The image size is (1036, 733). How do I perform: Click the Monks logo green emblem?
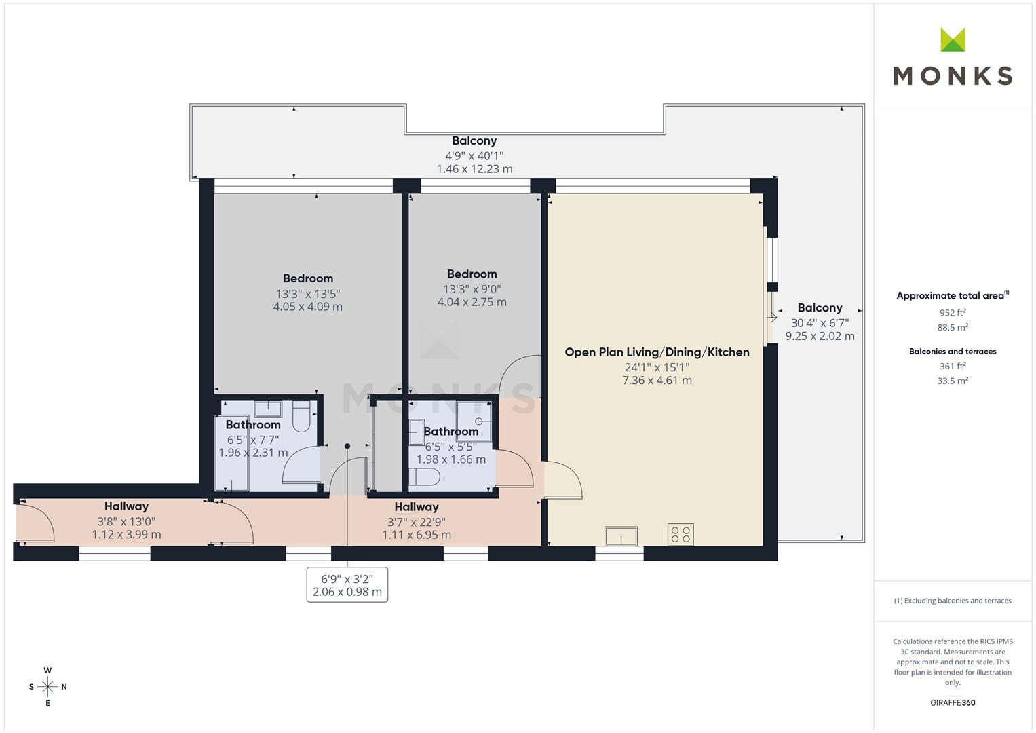(953, 39)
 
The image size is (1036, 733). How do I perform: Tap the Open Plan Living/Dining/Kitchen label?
(657, 352)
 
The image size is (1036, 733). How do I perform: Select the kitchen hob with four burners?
(680, 534)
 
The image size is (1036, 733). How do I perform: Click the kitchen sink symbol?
(621, 535)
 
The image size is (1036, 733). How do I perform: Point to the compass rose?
(47, 687)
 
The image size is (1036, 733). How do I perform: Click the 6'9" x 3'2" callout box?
(347, 585)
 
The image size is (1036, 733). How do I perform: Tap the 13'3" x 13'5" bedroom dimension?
(307, 294)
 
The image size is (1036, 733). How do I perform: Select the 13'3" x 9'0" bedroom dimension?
(472, 289)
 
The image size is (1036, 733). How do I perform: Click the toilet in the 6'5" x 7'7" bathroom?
(301, 416)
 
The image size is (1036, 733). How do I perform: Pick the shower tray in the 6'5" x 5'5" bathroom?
(474, 417)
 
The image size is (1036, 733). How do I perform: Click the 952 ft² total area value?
(952, 313)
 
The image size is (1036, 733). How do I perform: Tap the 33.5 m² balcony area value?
(952, 381)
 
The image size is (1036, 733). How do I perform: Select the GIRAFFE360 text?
(952, 702)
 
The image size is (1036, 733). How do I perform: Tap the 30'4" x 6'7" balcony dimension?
(820, 323)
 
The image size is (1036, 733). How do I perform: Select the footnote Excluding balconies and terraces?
(952, 601)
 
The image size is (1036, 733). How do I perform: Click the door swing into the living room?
(562, 480)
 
